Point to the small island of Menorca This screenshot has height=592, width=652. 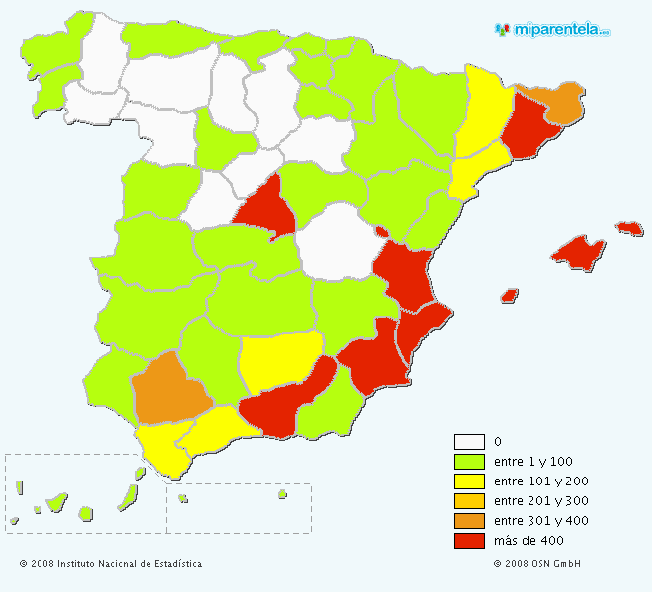pyautogui.click(x=629, y=228)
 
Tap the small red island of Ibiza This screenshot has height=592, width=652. pyautogui.click(x=510, y=295)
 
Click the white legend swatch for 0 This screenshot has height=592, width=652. pyautogui.click(x=469, y=442)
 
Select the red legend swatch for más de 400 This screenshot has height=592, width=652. pyautogui.click(x=469, y=541)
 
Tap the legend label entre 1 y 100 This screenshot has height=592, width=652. pyautogui.click(x=532, y=462)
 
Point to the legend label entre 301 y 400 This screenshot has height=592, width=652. pyautogui.click(x=540, y=521)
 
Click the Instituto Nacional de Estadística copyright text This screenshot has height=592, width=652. pyautogui.click(x=110, y=564)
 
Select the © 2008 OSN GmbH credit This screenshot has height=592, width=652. pyautogui.click(x=536, y=564)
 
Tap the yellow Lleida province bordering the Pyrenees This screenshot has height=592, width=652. pyautogui.click(x=481, y=113)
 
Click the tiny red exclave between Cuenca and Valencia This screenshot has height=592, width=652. pyautogui.click(x=380, y=231)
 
